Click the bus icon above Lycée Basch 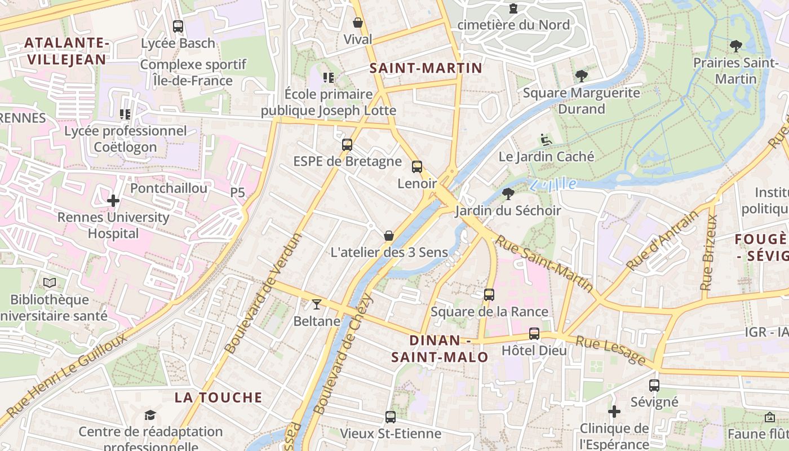[178, 26]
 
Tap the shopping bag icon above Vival [357, 23]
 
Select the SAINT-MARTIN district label [425, 68]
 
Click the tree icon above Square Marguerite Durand [581, 76]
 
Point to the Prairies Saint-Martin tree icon [735, 46]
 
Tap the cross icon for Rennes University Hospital [113, 200]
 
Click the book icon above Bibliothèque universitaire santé [50, 282]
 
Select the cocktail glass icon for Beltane [316, 304]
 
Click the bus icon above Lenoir [417, 166]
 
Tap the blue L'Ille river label [553, 184]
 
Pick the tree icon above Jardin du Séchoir [508, 194]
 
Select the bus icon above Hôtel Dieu [534, 333]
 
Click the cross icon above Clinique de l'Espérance [614, 412]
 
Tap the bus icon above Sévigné [654, 386]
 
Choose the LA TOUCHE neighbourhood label [218, 397]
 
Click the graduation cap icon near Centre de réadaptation [150, 415]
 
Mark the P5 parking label [237, 193]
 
